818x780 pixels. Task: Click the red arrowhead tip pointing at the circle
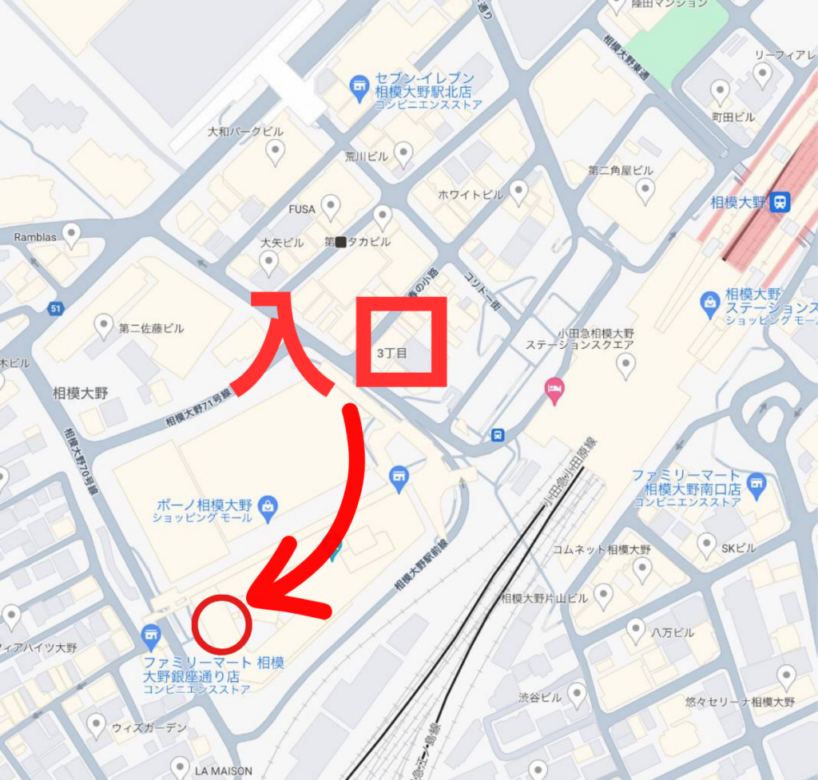[x=250, y=597]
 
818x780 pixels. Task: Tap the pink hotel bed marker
[x=553, y=390]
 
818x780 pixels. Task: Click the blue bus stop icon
[x=498, y=435]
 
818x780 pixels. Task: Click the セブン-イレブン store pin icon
[x=359, y=85]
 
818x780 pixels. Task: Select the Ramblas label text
[x=36, y=237]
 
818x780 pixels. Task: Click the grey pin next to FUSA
[x=329, y=207]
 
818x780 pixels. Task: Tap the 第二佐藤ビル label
[x=151, y=328]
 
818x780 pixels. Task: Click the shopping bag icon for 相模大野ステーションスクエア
[x=709, y=302]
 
